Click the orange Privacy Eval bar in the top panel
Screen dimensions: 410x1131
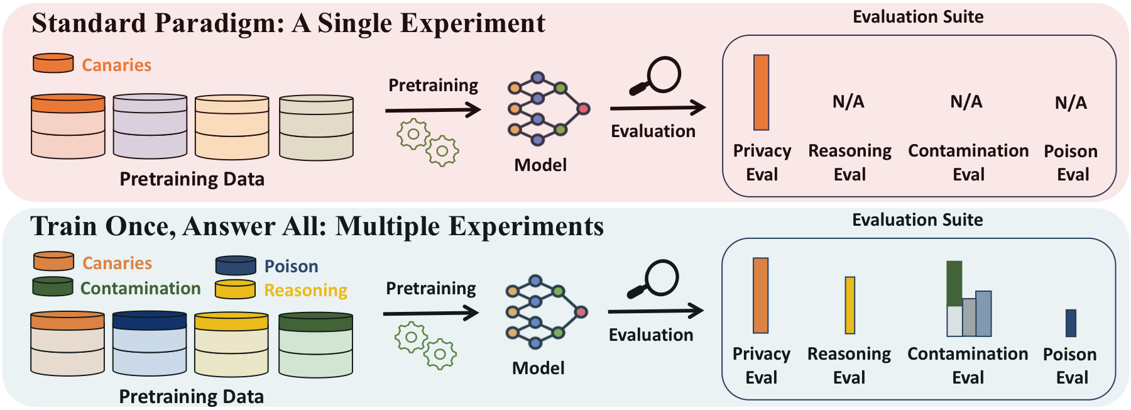[761, 92]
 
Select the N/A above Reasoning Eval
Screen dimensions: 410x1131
[848, 102]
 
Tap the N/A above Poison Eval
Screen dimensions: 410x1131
[1071, 102]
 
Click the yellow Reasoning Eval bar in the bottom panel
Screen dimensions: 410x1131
[850, 305]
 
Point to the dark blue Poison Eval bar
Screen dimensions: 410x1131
[1071, 323]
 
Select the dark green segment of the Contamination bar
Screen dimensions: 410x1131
[954, 284]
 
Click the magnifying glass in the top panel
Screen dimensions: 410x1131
[656, 75]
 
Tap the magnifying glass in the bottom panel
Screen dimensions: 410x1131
[654, 279]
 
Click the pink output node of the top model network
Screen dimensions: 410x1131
[584, 109]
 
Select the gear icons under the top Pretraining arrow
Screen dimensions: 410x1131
[428, 142]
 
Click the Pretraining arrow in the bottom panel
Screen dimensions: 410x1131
[431, 313]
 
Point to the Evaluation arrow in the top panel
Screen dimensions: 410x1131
[657, 108]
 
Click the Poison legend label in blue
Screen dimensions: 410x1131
[291, 267]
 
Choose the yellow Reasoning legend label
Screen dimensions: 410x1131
[305, 290]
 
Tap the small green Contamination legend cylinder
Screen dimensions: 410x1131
[53, 286]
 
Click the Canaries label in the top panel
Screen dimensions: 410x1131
[116, 65]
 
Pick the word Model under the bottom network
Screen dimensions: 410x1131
[538, 368]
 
